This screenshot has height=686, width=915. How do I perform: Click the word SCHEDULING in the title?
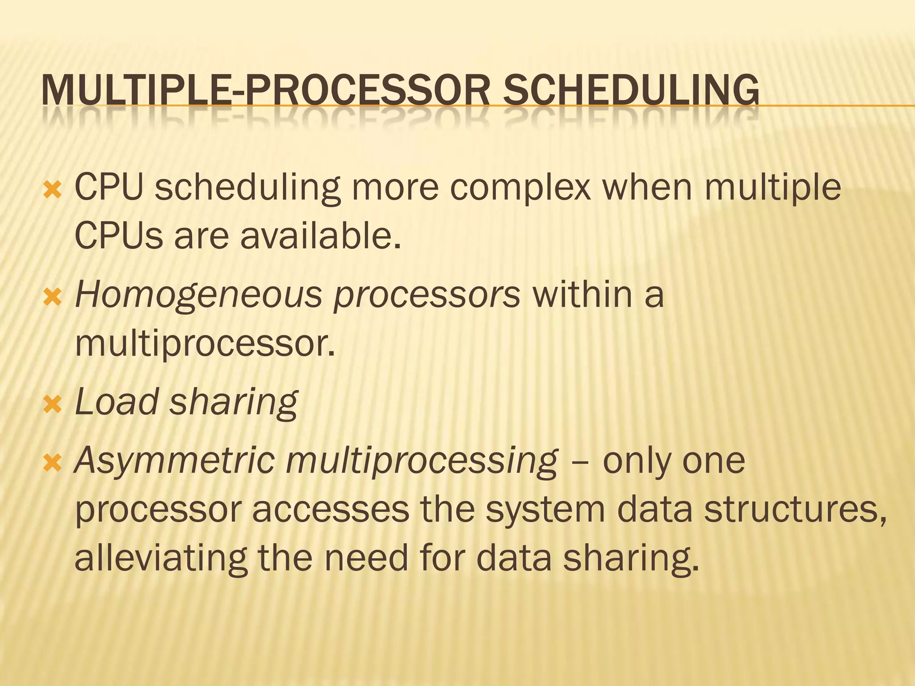coord(630,91)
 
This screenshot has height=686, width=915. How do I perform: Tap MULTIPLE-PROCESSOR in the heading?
coord(265,91)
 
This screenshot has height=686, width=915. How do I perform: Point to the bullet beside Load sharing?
coord(52,405)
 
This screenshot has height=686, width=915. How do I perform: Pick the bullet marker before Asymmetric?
coord(52,464)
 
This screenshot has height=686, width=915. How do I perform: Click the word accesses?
coord(331,510)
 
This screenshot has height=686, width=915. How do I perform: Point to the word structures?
coord(795,510)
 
